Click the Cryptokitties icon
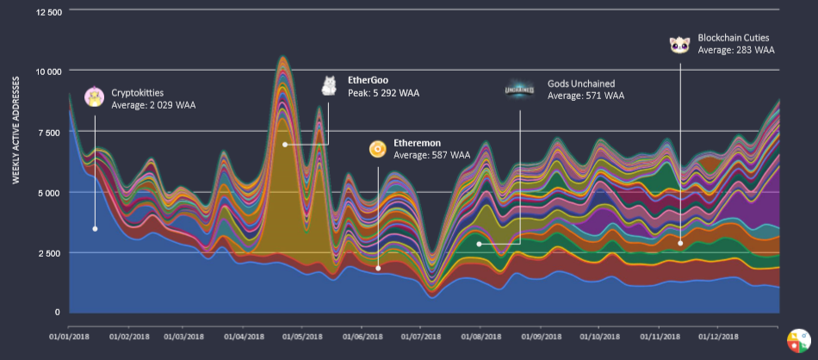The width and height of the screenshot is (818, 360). pyautogui.click(x=94, y=97)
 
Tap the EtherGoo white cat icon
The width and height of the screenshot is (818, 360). pyautogui.click(x=329, y=85)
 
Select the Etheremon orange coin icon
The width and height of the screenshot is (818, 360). pyautogui.click(x=377, y=149)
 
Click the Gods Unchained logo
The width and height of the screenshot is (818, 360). pyautogui.click(x=519, y=90)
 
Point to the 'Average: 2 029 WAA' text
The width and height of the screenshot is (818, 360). pyautogui.click(x=150, y=105)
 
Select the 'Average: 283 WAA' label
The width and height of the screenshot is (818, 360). pyautogui.click(x=736, y=51)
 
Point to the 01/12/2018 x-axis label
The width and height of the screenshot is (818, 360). pyautogui.click(x=717, y=337)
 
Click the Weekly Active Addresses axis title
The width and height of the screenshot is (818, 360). pyautogui.click(x=16, y=128)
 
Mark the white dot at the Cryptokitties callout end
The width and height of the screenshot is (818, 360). pyautogui.click(x=95, y=229)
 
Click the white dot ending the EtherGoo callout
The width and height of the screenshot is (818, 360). pyautogui.click(x=285, y=144)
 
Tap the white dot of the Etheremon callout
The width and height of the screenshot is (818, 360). pyautogui.click(x=378, y=268)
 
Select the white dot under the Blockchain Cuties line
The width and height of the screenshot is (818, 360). pyautogui.click(x=680, y=243)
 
